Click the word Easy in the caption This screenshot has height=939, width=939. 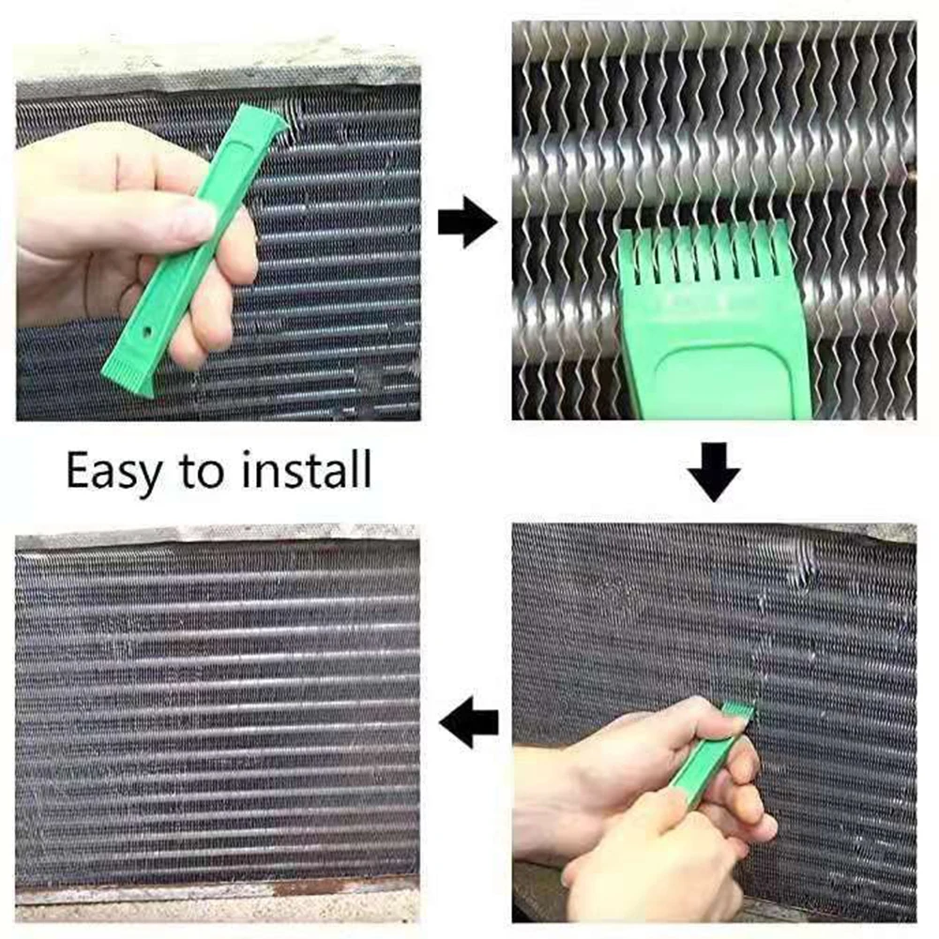point(113,472)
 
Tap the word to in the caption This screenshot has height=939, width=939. point(201,472)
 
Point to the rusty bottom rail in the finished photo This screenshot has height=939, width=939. point(216,886)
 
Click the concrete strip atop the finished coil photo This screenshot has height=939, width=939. point(216,538)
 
